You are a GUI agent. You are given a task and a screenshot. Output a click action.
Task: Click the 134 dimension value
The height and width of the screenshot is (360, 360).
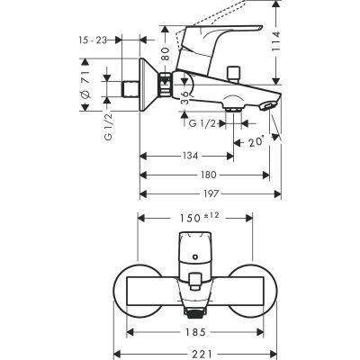point(186,155)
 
